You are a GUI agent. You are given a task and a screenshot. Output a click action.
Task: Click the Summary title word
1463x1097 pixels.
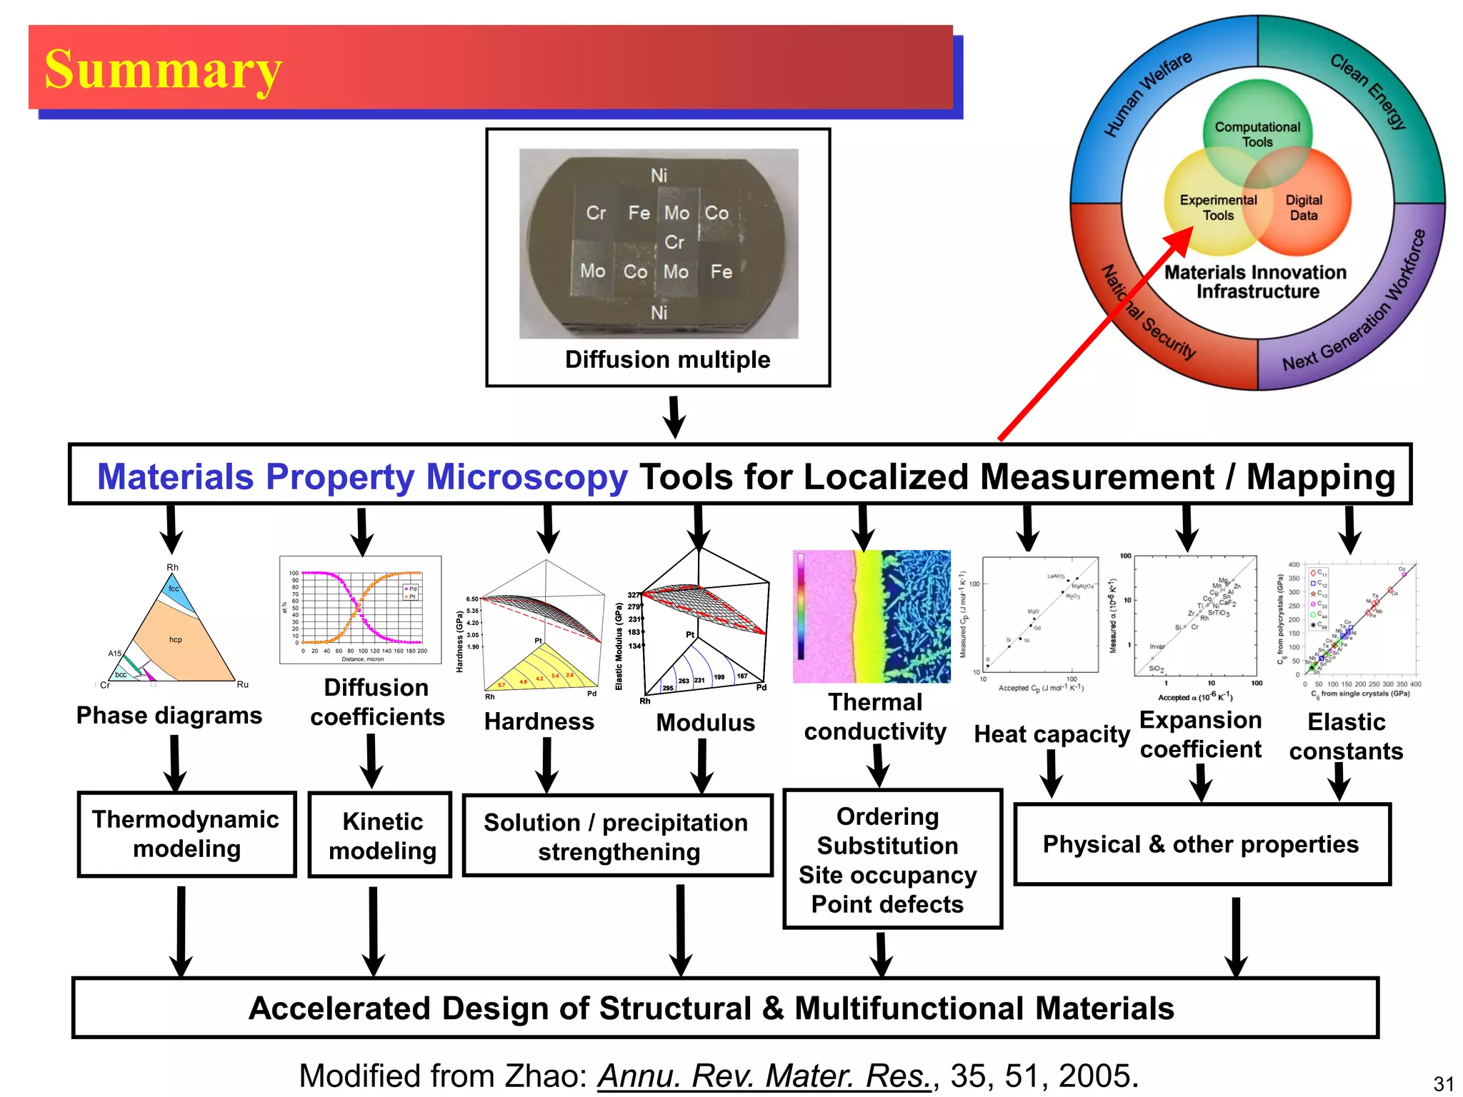(163, 69)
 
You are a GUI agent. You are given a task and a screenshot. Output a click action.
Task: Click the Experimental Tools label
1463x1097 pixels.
(1218, 208)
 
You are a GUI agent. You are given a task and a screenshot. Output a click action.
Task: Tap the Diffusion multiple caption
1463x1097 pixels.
(667, 359)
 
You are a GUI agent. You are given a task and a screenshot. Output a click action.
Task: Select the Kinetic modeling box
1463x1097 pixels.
(381, 835)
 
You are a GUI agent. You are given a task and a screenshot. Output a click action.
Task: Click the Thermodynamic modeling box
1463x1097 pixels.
(186, 833)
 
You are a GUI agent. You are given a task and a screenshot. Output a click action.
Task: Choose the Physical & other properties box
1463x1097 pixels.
(1202, 844)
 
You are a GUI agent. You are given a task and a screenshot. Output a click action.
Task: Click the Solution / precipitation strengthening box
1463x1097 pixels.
(617, 836)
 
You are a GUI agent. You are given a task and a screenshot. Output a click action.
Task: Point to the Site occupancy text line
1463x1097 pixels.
(887, 875)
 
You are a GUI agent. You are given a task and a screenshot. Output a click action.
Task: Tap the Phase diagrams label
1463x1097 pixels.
(169, 715)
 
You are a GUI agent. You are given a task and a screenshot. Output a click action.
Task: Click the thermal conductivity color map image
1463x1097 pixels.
(872, 616)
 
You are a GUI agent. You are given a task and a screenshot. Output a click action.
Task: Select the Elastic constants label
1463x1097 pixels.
(1346, 736)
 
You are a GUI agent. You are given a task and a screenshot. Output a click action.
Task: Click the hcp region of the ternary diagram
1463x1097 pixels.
(176, 640)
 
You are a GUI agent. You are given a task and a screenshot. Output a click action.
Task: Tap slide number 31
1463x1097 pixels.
(1443, 1083)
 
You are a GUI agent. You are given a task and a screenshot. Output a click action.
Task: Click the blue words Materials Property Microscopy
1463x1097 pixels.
(362, 476)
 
